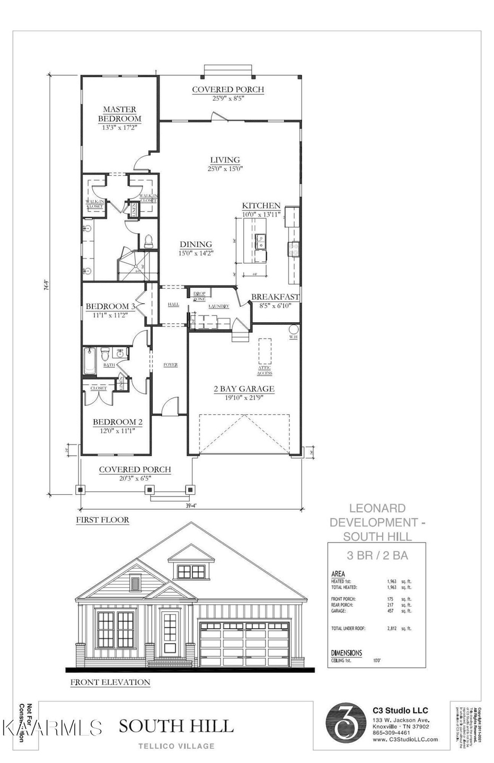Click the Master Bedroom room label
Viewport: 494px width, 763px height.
(x=119, y=114)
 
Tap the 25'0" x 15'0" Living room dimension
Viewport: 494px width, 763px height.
(x=225, y=169)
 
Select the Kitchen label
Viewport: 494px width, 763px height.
(x=261, y=206)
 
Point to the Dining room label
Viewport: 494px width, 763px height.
(x=196, y=244)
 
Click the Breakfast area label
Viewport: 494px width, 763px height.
(x=275, y=297)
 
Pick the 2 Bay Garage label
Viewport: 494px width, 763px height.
(x=244, y=388)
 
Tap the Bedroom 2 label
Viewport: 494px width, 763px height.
(x=118, y=422)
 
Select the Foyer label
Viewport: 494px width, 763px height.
(x=170, y=365)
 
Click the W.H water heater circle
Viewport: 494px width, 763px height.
(x=293, y=336)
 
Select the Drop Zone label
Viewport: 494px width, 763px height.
(x=199, y=296)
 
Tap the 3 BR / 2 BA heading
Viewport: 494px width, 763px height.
(x=377, y=556)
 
